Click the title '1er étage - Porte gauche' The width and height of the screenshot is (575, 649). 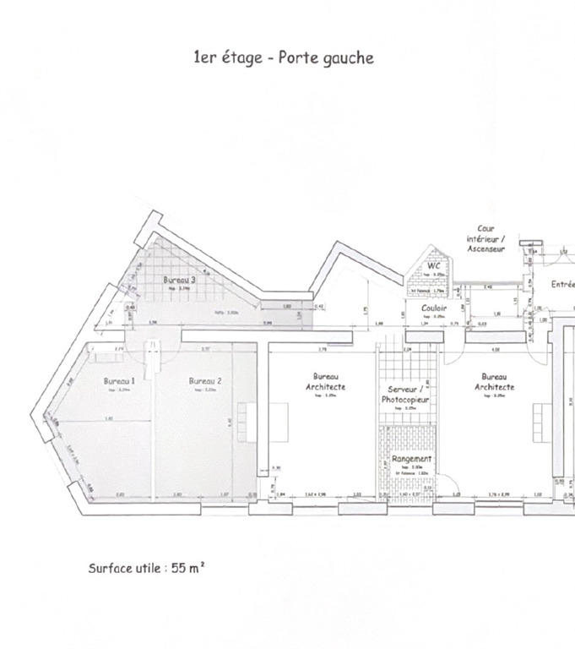point(283,57)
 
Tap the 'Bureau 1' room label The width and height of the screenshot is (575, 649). point(119,381)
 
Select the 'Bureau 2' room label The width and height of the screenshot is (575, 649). point(205,381)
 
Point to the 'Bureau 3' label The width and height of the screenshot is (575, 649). point(180,280)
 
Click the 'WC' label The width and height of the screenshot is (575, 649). point(433,266)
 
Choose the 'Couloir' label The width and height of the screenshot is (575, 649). point(433,308)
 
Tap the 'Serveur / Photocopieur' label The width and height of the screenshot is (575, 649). point(405,393)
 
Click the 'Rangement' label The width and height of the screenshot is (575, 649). point(411,459)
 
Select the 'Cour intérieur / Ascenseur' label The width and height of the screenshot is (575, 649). point(485,238)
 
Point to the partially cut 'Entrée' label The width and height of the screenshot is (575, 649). point(563,285)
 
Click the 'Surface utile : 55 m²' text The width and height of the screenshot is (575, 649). point(146,568)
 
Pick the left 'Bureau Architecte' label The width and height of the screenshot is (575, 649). point(326,381)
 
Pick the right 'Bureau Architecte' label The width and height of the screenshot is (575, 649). point(494,381)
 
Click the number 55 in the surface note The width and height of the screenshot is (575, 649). point(179,568)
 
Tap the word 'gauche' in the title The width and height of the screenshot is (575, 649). point(347,58)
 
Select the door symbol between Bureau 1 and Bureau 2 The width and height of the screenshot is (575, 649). point(153,358)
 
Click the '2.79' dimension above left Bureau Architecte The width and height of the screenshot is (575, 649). point(321,348)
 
